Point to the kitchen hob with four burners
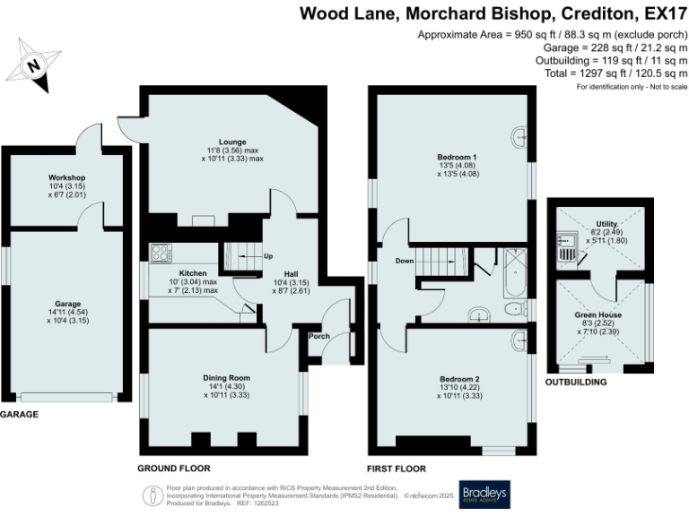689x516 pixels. click(x=161, y=253)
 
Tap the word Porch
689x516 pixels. click(x=318, y=337)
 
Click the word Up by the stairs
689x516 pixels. click(x=267, y=257)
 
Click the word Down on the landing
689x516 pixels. click(x=402, y=262)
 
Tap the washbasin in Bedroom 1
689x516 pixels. click(x=521, y=137)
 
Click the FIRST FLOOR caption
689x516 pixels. click(x=397, y=469)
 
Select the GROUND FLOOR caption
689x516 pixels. click(x=174, y=469)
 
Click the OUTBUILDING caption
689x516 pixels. click(x=576, y=382)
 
